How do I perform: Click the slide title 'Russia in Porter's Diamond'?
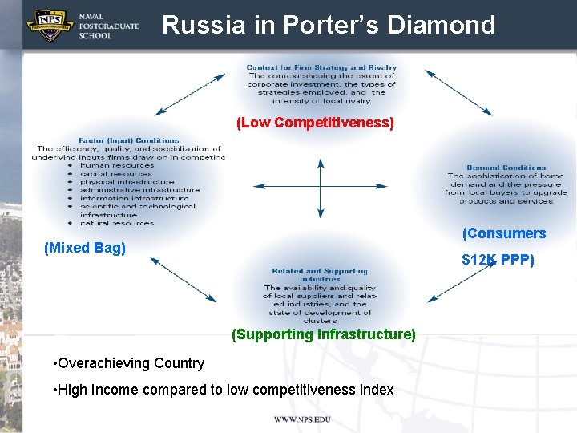coord(329,25)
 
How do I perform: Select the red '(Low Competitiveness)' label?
coord(315,123)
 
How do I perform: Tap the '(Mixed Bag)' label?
coord(85,248)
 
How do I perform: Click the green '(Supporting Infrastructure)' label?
coord(323,334)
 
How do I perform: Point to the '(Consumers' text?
coord(504,233)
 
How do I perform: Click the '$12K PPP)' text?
coord(498,260)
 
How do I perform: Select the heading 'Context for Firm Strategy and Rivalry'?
coord(321,67)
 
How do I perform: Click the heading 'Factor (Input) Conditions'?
coord(129,140)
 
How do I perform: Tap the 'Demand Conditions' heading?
coord(506,168)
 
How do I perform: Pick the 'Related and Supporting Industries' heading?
coord(320,275)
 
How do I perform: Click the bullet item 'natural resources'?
coord(116,223)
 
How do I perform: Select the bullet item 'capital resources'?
coord(115,174)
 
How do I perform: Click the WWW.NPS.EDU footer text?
coord(302,419)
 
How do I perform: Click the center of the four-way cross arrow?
coord(321,188)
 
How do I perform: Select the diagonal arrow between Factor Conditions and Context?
coord(190,94)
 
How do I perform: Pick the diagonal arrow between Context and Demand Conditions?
coord(458,93)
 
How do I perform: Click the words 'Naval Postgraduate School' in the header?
coord(109,26)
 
